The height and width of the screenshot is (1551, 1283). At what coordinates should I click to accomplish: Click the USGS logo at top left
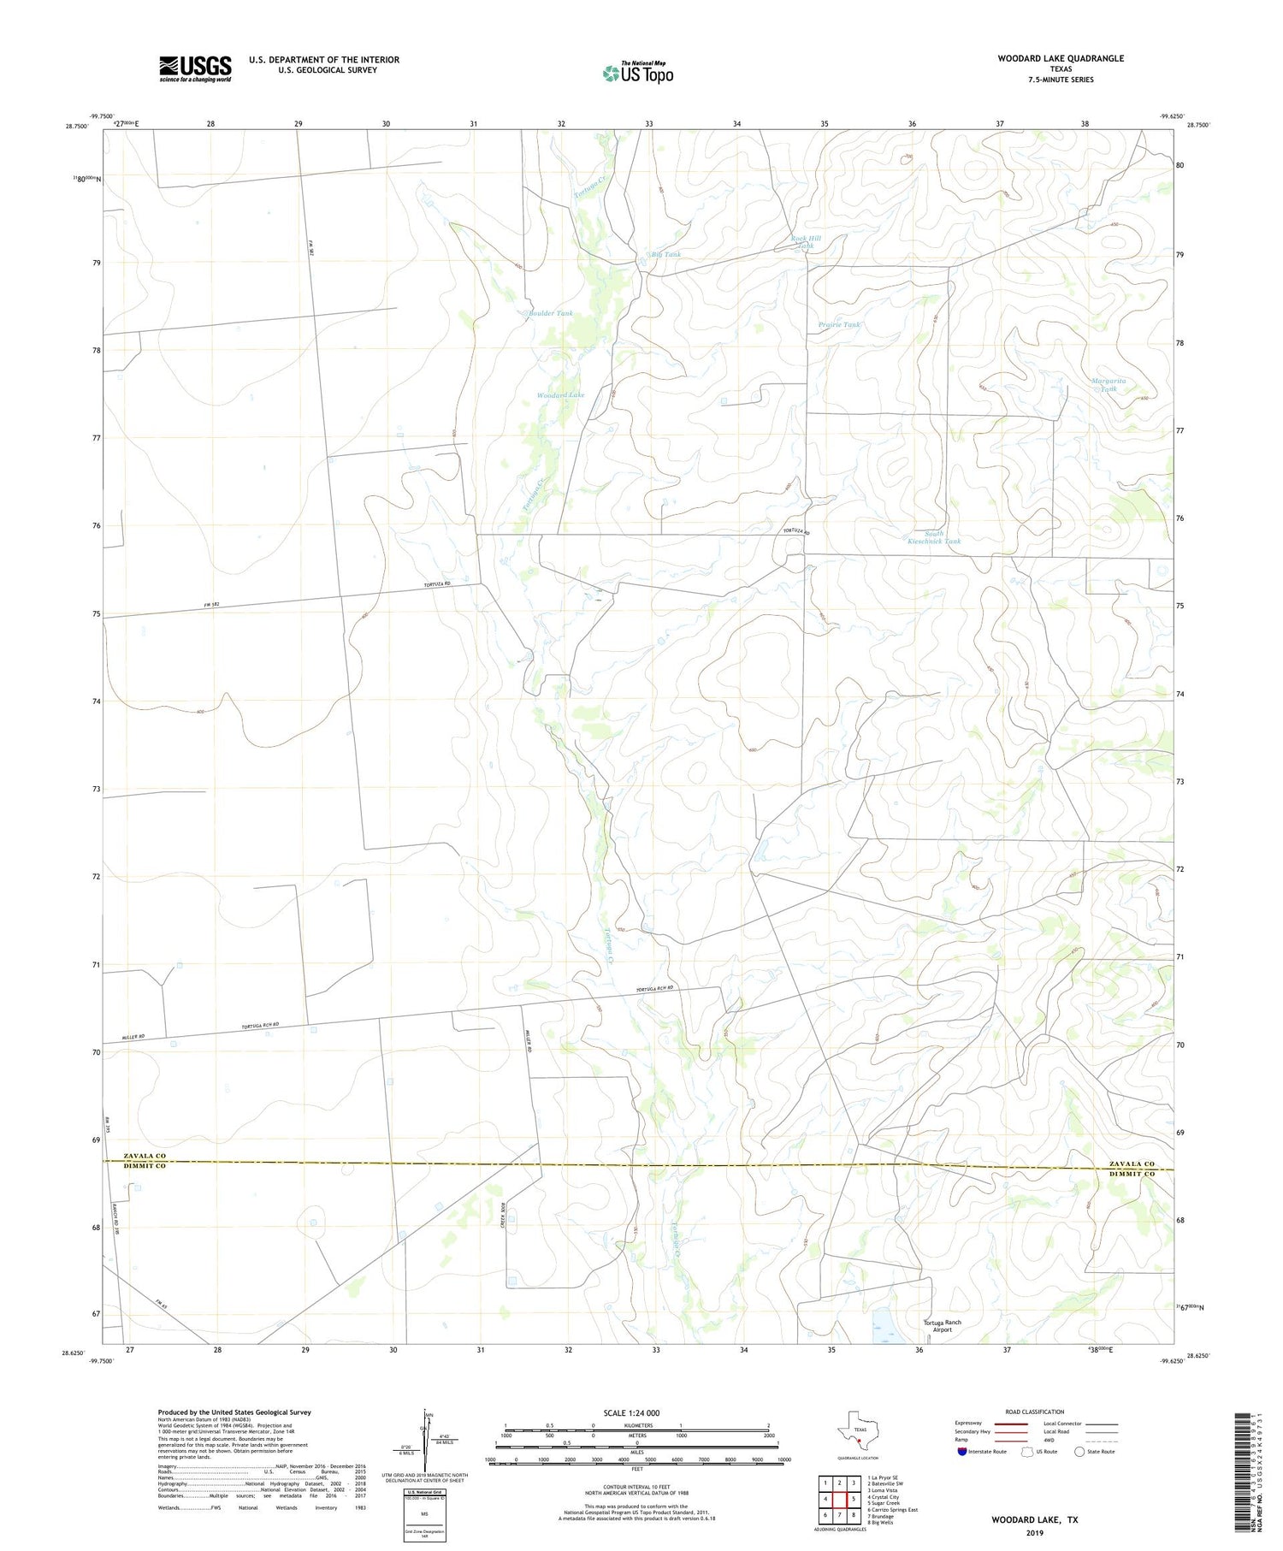click(x=195, y=68)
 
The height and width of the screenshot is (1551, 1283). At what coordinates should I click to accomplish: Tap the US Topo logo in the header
click(x=637, y=74)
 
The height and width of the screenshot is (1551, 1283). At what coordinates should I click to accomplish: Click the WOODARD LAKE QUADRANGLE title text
click(x=1060, y=58)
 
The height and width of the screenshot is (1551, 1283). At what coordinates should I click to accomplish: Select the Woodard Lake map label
click(x=560, y=395)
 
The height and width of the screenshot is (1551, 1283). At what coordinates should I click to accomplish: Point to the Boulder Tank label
click(x=550, y=314)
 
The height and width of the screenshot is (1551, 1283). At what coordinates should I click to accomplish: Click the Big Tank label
click(x=665, y=254)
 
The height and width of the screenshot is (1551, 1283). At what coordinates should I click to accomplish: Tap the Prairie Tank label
click(x=839, y=325)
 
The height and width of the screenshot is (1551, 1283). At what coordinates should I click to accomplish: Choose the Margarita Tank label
click(x=1109, y=385)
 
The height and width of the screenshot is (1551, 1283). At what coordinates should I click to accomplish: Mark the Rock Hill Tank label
click(x=806, y=241)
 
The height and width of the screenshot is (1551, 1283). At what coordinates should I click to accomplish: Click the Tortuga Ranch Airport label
click(x=942, y=1326)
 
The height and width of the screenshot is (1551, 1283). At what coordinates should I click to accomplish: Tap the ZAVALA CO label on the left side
click(x=145, y=1156)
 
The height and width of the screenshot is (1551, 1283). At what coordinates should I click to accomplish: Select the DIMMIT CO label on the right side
click(x=1132, y=1174)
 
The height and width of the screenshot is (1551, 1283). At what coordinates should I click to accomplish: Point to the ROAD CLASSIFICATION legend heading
click(x=1034, y=1412)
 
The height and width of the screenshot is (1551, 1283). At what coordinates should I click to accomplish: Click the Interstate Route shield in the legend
click(x=962, y=1451)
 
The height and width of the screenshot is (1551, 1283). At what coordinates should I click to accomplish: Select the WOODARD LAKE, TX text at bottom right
click(x=1034, y=1520)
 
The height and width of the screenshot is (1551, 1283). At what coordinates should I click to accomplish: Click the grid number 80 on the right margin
click(x=1180, y=165)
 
